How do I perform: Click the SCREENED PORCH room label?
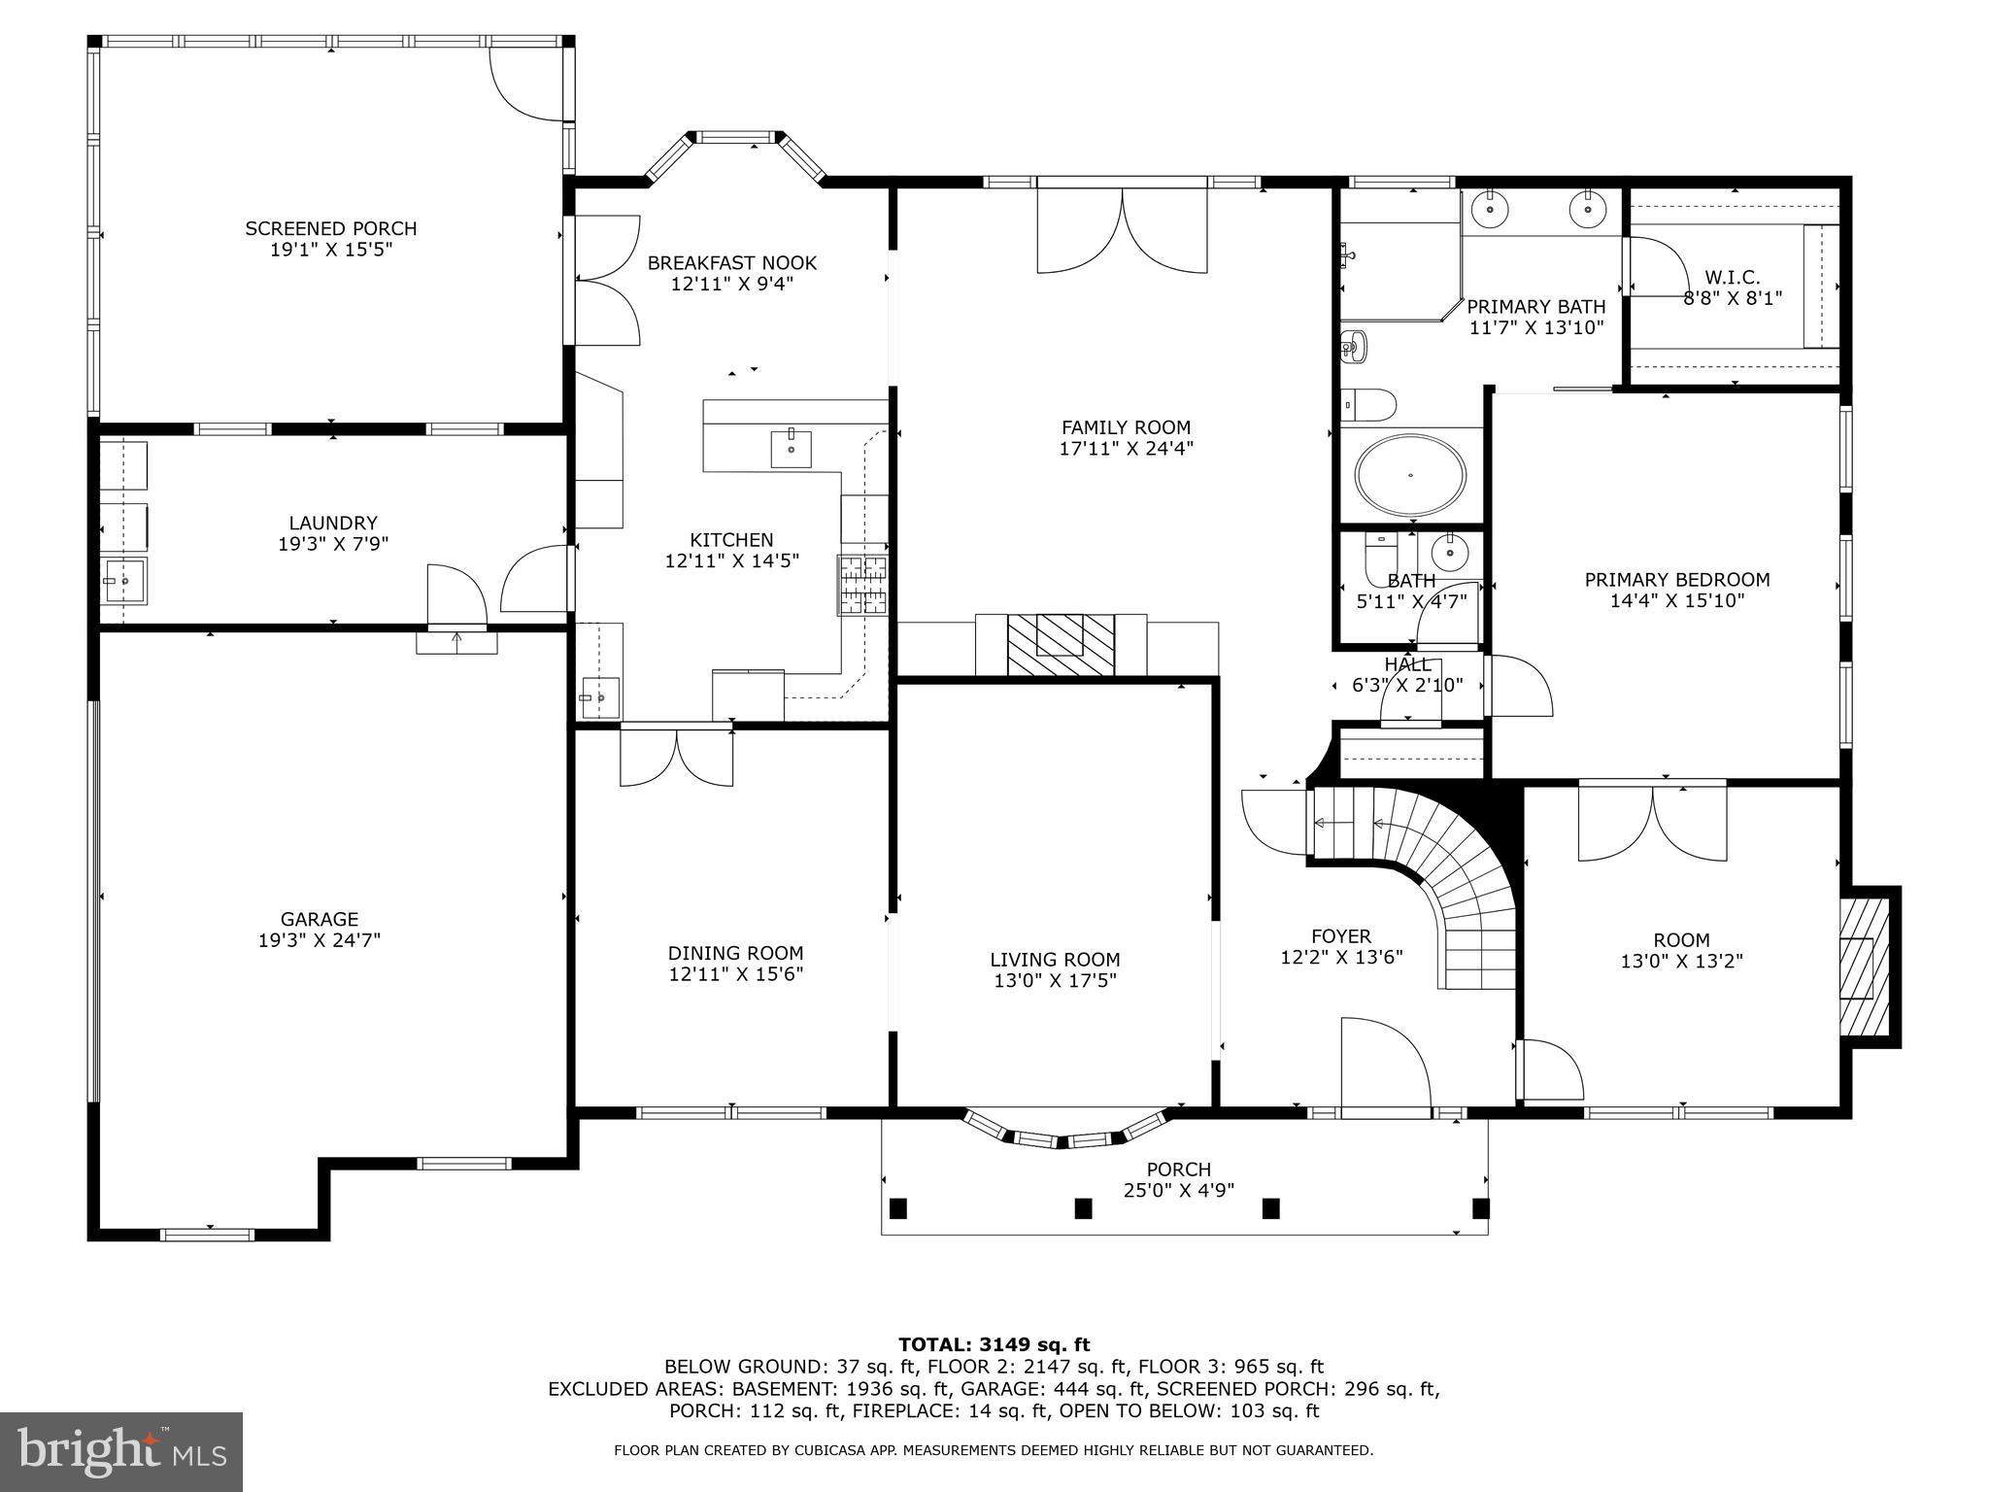(330, 229)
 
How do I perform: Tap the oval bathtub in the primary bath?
(1410, 476)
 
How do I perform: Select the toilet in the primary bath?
(1368, 401)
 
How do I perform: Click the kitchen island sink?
(792, 449)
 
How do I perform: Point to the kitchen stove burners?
(863, 585)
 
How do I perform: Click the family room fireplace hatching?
(1061, 644)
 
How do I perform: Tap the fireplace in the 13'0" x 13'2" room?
(1863, 967)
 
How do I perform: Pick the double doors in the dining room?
(677, 758)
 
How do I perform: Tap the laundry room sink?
(124, 580)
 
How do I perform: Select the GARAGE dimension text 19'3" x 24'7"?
(319, 940)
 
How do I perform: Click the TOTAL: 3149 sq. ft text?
(994, 1344)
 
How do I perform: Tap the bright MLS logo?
(121, 1451)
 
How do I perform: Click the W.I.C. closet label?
(1732, 278)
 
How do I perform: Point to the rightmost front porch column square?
(1480, 1208)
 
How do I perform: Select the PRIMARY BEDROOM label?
(1676, 580)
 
